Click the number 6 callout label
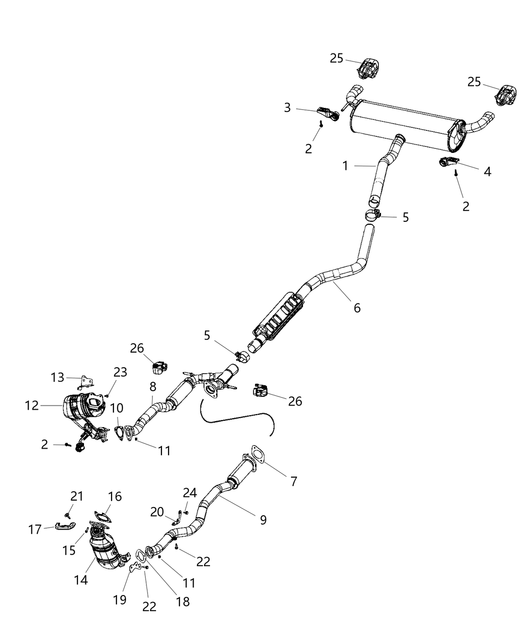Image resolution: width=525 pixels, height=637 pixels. (356, 308)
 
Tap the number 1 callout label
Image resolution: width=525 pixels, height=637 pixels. (345, 166)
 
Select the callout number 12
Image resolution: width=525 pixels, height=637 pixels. (32, 406)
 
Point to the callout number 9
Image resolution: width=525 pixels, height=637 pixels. (262, 520)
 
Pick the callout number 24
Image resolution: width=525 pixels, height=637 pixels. (189, 493)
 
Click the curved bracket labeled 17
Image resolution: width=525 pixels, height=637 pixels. (65, 525)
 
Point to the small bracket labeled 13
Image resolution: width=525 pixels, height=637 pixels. (85, 383)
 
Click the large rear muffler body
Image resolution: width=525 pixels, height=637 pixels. (400, 124)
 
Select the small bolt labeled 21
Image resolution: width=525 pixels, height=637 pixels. (66, 514)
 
